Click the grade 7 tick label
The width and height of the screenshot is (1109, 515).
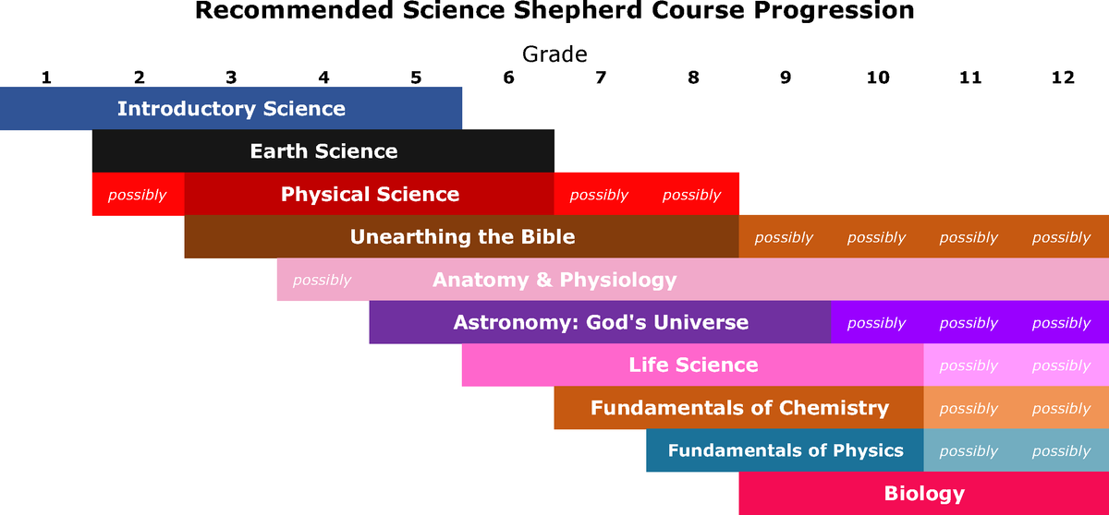coord(601,78)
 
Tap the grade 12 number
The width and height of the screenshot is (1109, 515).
coord(1063,78)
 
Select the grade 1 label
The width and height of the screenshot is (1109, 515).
coord(46,78)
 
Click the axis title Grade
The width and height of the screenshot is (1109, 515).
coord(554,54)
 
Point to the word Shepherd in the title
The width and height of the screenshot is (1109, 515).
coord(579,10)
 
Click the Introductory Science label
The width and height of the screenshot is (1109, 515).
coord(231,109)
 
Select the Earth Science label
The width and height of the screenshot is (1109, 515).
coord(323,151)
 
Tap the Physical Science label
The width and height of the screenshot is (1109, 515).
coord(370,194)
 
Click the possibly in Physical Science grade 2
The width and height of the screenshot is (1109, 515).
coord(137,196)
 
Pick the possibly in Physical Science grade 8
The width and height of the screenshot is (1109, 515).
coord(691,196)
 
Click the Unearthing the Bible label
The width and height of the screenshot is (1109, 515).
coord(462,237)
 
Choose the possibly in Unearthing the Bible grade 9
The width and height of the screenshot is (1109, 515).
coord(784,238)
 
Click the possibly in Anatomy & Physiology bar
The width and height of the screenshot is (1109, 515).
coord(322,281)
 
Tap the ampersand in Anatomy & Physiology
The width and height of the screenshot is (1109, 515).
coord(544,280)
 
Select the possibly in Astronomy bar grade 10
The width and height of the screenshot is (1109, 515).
coord(876,323)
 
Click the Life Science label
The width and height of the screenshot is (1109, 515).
coord(693,365)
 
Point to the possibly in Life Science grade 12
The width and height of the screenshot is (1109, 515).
coord(1062,365)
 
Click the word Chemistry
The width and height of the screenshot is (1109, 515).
coord(834,408)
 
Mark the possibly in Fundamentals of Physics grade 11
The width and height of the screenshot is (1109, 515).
coord(969,451)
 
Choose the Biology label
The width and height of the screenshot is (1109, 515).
coord(924,493)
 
